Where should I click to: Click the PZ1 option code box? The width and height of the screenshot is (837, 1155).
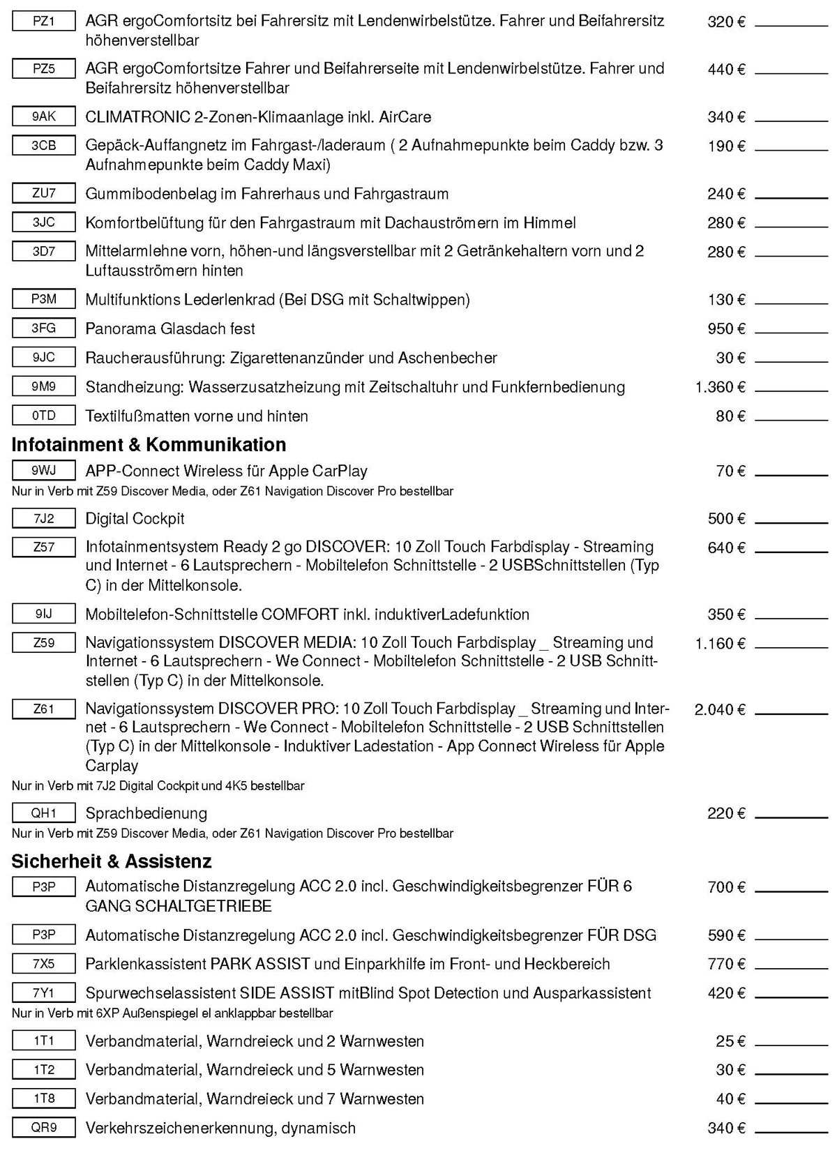pos(43,22)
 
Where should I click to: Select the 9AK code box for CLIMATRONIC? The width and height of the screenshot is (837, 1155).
pos(43,116)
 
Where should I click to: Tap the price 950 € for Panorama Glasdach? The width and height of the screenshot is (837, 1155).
pos(726,329)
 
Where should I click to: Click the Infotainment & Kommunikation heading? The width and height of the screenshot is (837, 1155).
pos(149,445)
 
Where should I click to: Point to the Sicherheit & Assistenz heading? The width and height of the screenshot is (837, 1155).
pos(112,861)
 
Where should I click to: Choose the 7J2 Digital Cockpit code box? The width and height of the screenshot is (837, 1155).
pos(43,518)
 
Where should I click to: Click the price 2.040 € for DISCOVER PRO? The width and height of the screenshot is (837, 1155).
pos(720,710)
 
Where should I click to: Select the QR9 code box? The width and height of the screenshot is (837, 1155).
pos(43,1128)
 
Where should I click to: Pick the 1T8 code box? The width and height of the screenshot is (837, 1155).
pos(43,1099)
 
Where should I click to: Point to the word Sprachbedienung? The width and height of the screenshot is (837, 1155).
pos(146,813)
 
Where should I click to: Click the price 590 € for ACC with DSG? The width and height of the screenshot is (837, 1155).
pos(726,935)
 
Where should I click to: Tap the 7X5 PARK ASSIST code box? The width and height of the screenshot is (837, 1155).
pos(43,964)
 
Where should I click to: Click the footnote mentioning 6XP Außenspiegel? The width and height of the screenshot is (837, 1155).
pos(172,1013)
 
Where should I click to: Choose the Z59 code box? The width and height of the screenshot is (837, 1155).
pos(43,642)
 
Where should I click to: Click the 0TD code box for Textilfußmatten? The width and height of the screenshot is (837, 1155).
pos(43,416)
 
